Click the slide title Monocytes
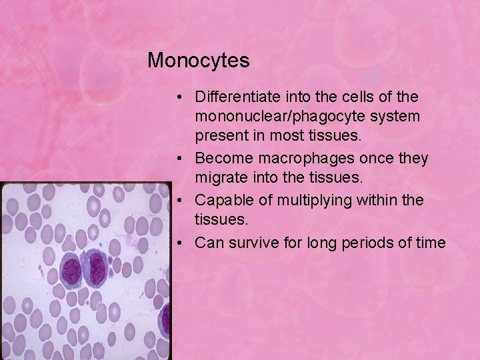pyautogui.click(x=198, y=61)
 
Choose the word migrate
pyautogui.click(x=217, y=178)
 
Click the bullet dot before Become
pyautogui.click(x=181, y=159)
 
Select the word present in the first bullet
pyautogui.click(x=219, y=136)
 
